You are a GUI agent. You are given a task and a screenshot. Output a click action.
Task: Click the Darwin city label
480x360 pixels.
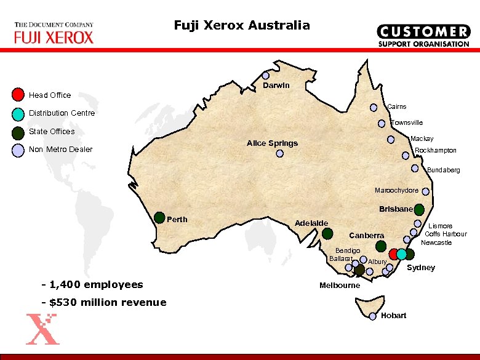(x=276, y=86)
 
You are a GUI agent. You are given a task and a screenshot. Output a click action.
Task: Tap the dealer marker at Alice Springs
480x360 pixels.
(x=279, y=154)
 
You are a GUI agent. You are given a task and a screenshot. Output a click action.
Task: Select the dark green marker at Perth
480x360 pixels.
(x=159, y=217)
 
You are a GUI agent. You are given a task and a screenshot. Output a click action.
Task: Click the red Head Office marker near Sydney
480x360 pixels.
(x=394, y=254)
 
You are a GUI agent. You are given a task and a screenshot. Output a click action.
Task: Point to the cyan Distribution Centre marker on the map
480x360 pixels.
(x=401, y=254)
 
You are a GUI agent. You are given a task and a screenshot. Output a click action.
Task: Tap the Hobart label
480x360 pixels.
(x=393, y=316)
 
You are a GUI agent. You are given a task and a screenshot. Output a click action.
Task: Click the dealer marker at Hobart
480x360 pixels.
(x=374, y=316)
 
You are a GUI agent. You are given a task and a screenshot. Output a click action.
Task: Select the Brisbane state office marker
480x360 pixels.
(x=419, y=209)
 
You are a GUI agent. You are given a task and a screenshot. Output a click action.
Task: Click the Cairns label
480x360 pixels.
(x=396, y=106)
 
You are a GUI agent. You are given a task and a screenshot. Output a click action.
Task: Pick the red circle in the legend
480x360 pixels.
(x=18, y=95)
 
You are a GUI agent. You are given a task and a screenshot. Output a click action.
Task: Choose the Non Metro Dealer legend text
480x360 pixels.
(x=61, y=150)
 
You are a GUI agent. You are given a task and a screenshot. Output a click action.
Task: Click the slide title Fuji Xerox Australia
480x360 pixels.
(x=242, y=25)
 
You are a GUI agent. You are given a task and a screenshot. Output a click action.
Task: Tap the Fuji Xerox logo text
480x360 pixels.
(x=54, y=37)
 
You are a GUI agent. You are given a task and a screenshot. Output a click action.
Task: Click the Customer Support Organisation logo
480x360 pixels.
(x=423, y=36)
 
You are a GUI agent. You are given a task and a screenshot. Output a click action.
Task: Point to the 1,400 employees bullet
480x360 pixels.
(x=92, y=284)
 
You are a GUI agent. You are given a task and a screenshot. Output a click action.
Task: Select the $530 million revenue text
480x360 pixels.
(x=103, y=302)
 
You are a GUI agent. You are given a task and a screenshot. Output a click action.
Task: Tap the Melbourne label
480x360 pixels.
(x=340, y=286)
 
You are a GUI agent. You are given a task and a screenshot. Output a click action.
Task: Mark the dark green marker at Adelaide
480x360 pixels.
(x=327, y=233)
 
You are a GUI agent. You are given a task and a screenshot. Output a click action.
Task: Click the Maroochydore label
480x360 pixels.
(x=397, y=190)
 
